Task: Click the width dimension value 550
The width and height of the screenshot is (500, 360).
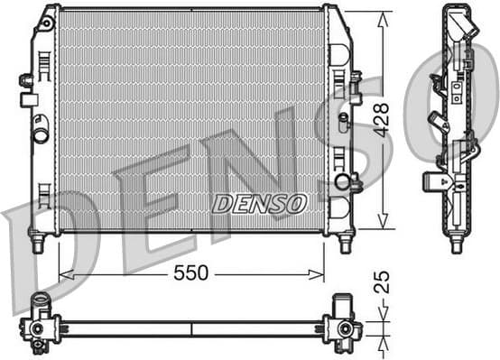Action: [x=191, y=272]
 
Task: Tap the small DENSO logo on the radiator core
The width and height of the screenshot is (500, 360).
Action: [x=260, y=203]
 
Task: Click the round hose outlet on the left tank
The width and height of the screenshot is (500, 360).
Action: [x=40, y=135]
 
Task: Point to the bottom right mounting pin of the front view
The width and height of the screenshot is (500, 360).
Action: [x=346, y=242]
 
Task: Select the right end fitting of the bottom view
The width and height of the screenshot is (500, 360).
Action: [x=344, y=324]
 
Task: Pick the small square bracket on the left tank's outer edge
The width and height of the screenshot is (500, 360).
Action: [x=25, y=80]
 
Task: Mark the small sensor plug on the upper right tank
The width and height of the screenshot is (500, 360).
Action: [x=343, y=118]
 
